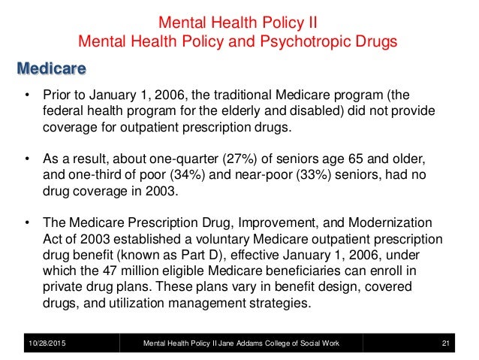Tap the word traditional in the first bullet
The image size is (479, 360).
(263, 97)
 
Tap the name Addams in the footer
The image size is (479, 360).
(248, 343)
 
